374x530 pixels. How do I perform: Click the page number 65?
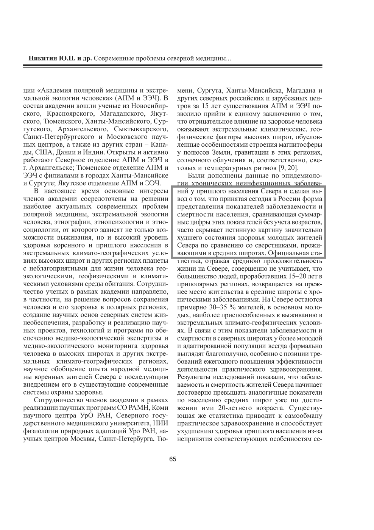173,459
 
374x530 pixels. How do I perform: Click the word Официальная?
289,252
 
